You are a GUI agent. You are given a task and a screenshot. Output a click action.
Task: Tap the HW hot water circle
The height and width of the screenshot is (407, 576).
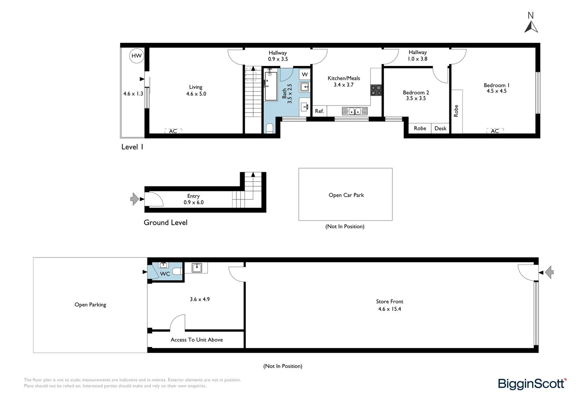(136, 56)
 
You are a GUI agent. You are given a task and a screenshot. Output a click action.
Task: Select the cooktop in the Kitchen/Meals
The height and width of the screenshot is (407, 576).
(376, 90)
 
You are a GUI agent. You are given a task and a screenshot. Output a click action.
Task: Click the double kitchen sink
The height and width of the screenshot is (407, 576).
(355, 111)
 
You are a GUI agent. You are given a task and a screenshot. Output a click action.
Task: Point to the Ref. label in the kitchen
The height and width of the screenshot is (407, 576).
(319, 111)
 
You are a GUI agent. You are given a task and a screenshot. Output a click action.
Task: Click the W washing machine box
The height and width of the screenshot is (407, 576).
(305, 75)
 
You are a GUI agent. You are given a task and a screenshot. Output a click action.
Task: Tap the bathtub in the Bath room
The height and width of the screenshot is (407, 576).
(271, 86)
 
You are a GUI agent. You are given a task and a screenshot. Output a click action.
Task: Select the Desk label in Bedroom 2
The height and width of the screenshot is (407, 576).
(440, 128)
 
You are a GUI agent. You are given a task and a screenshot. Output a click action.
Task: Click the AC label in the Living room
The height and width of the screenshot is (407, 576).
(173, 131)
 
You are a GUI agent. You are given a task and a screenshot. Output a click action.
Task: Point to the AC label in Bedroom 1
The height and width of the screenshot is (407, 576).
(495, 131)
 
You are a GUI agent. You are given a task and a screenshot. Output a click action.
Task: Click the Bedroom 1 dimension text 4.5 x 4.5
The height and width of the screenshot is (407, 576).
(496, 91)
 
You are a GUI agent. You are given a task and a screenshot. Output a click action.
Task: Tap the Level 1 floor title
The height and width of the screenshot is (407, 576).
(132, 147)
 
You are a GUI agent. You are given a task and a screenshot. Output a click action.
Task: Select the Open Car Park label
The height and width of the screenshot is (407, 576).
(346, 195)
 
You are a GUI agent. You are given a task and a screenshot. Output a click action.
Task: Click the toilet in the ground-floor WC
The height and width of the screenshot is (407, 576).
(177, 271)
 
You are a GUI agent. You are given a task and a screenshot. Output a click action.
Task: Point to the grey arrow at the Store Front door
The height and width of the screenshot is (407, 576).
(549, 272)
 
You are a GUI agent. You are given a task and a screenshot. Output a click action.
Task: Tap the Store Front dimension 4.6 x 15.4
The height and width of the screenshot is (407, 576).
(389, 309)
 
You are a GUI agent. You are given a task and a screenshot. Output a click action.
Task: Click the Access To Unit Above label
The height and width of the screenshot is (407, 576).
(197, 340)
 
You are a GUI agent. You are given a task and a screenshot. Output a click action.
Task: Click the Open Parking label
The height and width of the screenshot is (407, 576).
(90, 304)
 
